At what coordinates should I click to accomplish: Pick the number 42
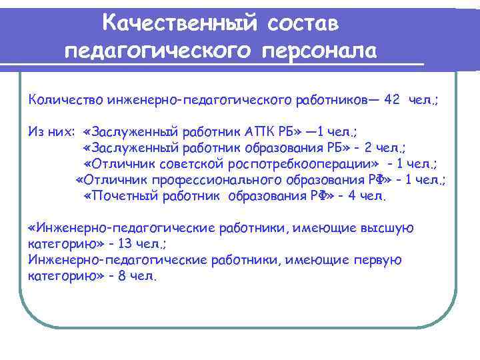[393, 99]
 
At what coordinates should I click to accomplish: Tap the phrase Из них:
[51, 131]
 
